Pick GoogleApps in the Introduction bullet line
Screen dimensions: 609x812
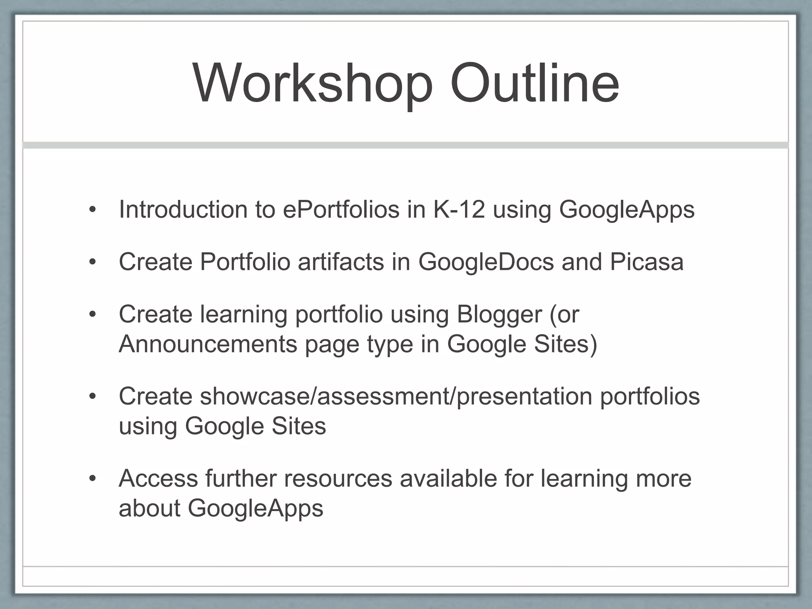click(x=626, y=210)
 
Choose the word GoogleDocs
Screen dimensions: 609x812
click(x=486, y=262)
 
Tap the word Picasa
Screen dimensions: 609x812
click(x=647, y=262)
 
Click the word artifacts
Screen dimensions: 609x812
click(x=341, y=262)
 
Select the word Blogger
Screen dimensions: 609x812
click(x=499, y=315)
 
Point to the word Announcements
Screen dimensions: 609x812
click(x=208, y=344)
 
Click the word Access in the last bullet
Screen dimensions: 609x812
click(x=158, y=479)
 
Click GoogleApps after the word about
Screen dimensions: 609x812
click(x=255, y=509)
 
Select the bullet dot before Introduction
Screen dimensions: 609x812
click(x=93, y=210)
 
